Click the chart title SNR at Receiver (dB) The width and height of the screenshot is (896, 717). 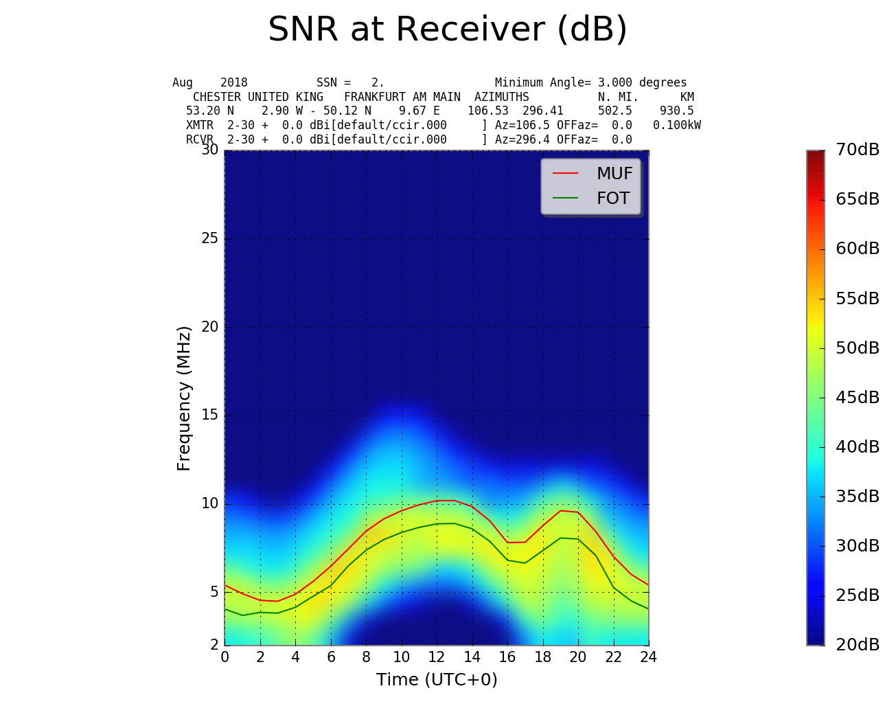tap(448, 30)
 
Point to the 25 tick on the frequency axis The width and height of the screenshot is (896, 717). tap(209, 239)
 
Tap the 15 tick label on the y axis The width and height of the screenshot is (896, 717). tap(209, 416)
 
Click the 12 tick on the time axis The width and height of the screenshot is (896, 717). tap(437, 657)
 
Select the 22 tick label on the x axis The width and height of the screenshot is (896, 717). tap(613, 657)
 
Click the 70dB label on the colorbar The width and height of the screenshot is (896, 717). tap(857, 150)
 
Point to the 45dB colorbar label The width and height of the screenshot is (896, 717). tap(857, 398)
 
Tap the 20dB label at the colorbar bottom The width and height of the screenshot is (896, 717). tap(857, 645)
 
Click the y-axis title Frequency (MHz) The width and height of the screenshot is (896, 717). tap(184, 398)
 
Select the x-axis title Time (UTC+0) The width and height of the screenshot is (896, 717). tap(437, 680)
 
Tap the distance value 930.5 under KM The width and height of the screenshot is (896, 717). tap(676, 111)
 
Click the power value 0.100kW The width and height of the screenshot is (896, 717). tap(676, 125)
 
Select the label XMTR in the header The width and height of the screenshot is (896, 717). tap(200, 125)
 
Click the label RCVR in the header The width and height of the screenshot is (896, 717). tap(200, 139)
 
